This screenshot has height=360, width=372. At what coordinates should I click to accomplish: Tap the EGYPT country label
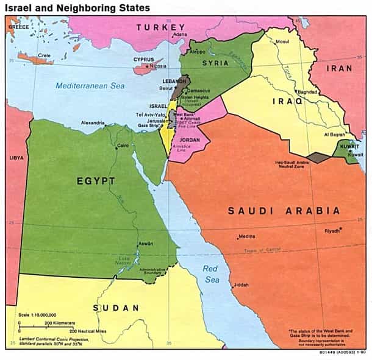[x=95, y=181]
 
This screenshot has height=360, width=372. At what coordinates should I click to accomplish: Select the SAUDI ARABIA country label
[x=284, y=211]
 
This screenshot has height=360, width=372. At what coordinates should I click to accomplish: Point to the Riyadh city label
[x=332, y=231]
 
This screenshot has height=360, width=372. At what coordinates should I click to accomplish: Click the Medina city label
[x=247, y=237]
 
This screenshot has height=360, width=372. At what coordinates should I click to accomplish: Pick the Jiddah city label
[x=241, y=284]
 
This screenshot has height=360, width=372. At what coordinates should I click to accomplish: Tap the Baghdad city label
[x=308, y=92]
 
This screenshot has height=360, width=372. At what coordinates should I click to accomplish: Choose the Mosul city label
[x=282, y=42]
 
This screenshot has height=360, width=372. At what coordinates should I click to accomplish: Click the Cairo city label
[x=123, y=146]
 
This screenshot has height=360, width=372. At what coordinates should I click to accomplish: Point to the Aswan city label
[x=145, y=243]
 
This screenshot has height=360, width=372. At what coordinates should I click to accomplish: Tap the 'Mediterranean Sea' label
[x=90, y=86]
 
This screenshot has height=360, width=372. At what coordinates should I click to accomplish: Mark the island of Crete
[x=36, y=59]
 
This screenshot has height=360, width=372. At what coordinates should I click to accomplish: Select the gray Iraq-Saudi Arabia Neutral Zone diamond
[x=317, y=157]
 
